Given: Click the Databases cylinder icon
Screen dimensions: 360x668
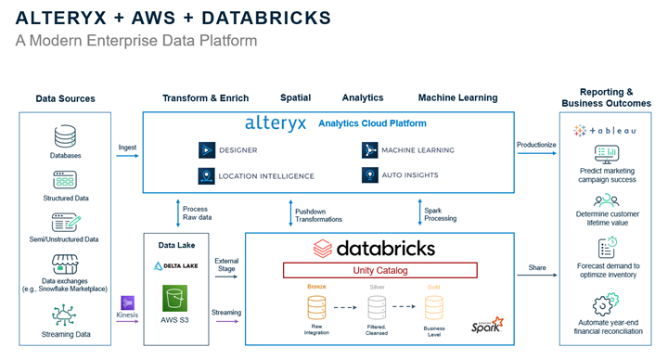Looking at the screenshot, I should pos(65,136).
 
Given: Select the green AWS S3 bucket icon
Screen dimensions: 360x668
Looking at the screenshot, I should pos(174,300).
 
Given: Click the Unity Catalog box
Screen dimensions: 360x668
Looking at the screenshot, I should pos(379,270).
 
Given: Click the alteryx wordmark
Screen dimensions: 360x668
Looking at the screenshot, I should pos(276,123).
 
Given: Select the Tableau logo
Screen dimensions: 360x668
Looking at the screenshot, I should pos(604,130).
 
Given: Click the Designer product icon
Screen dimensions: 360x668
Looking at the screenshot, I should pos(206,149).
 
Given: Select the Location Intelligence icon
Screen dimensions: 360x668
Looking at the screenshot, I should pos(206,174).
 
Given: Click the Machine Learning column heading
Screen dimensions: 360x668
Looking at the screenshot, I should pos(457,97).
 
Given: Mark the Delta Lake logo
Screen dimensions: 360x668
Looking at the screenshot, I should pos(174,265).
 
